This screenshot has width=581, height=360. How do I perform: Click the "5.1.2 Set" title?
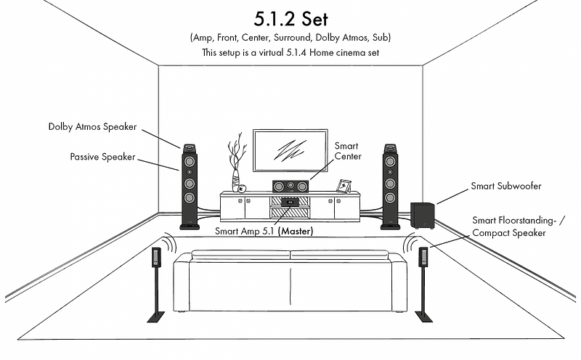click(x=291, y=19)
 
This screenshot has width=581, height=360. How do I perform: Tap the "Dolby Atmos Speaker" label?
click(x=93, y=127)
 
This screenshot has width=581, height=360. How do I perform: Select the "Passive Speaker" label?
click(x=102, y=157)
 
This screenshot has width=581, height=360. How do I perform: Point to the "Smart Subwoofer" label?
click(x=505, y=186)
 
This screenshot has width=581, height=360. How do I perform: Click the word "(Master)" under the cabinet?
click(x=296, y=231)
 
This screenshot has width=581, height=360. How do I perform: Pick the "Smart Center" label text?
click(x=348, y=151)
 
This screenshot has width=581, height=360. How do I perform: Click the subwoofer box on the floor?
click(x=423, y=216)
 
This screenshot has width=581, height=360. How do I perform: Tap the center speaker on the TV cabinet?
click(x=290, y=186)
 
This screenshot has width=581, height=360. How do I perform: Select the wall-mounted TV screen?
click(x=290, y=150)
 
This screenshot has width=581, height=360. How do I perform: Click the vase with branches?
click(x=236, y=163)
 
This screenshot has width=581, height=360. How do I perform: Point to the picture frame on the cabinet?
click(x=344, y=186)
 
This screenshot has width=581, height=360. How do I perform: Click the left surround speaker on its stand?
click(x=156, y=258)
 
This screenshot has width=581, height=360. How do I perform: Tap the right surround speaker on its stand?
click(x=423, y=258)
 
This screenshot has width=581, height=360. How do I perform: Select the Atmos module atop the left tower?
click(x=189, y=149)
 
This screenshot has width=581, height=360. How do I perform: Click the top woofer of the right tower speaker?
click(x=390, y=161)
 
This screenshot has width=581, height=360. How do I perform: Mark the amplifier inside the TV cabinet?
click(x=290, y=202)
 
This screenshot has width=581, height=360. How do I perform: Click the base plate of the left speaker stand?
click(x=156, y=317)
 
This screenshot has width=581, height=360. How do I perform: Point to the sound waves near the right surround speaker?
click(x=410, y=243)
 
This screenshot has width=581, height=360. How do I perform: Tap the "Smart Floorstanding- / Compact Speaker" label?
click(x=519, y=226)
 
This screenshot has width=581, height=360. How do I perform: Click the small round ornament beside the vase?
click(x=242, y=189)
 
